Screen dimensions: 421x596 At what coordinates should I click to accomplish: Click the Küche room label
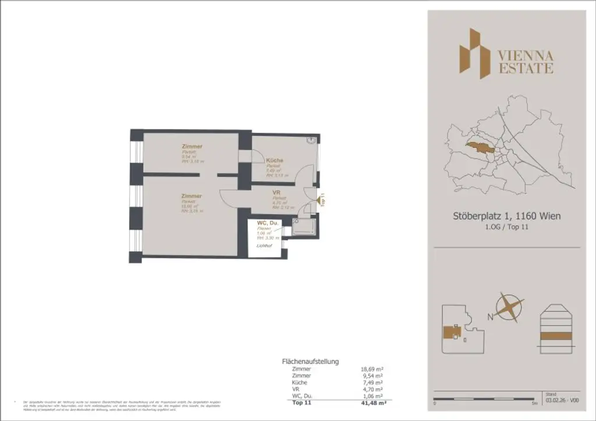275,160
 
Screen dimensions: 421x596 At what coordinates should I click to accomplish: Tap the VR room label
277,193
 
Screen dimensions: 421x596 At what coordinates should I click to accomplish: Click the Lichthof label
265,246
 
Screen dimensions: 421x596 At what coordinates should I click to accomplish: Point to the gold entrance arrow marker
320,200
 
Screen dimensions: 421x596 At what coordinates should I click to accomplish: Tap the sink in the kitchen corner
311,140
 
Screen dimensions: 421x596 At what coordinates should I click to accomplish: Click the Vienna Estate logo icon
474,53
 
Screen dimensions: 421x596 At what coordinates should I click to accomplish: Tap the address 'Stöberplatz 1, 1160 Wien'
507,217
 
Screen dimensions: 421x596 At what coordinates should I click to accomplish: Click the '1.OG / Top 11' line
507,228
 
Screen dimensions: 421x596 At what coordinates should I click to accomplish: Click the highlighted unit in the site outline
451,332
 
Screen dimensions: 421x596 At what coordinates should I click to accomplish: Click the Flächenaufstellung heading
310,361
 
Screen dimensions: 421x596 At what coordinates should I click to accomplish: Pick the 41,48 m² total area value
374,403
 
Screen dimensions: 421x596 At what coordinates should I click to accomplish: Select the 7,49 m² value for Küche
373,383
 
